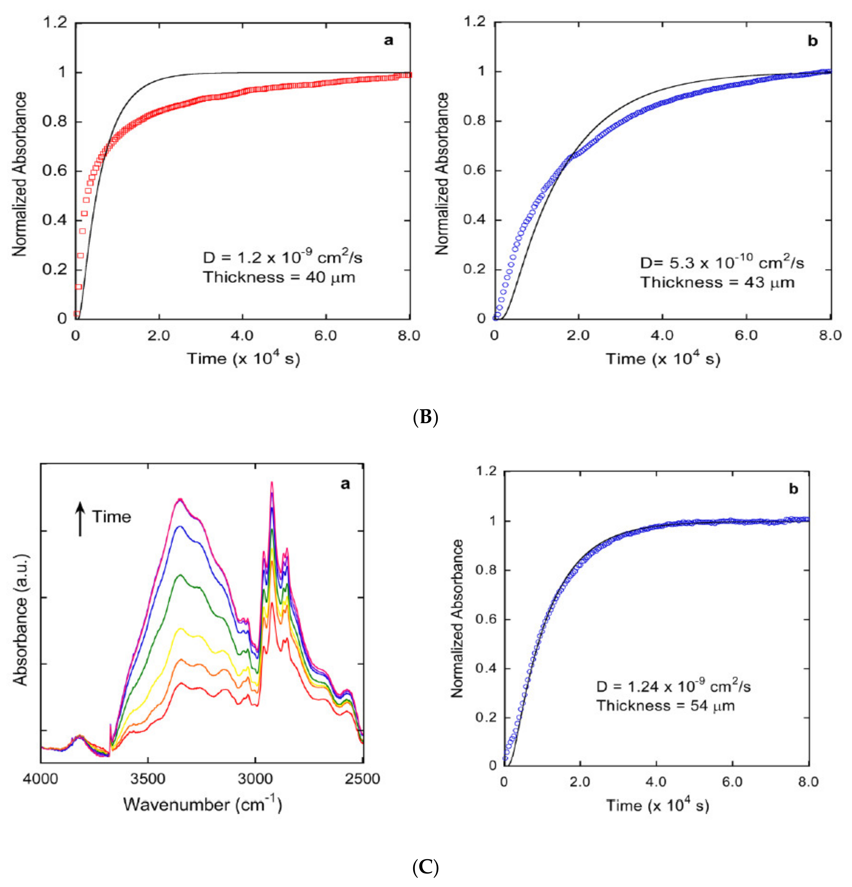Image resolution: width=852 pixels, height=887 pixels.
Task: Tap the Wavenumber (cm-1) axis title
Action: tap(202, 805)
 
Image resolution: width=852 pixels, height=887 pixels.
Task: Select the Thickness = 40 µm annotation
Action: tap(279, 277)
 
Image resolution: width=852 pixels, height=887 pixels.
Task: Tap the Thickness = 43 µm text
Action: tap(717, 282)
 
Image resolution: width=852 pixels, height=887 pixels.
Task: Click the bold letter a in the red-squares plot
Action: tap(388, 41)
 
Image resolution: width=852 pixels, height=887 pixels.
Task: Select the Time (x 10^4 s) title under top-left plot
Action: tap(243, 359)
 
